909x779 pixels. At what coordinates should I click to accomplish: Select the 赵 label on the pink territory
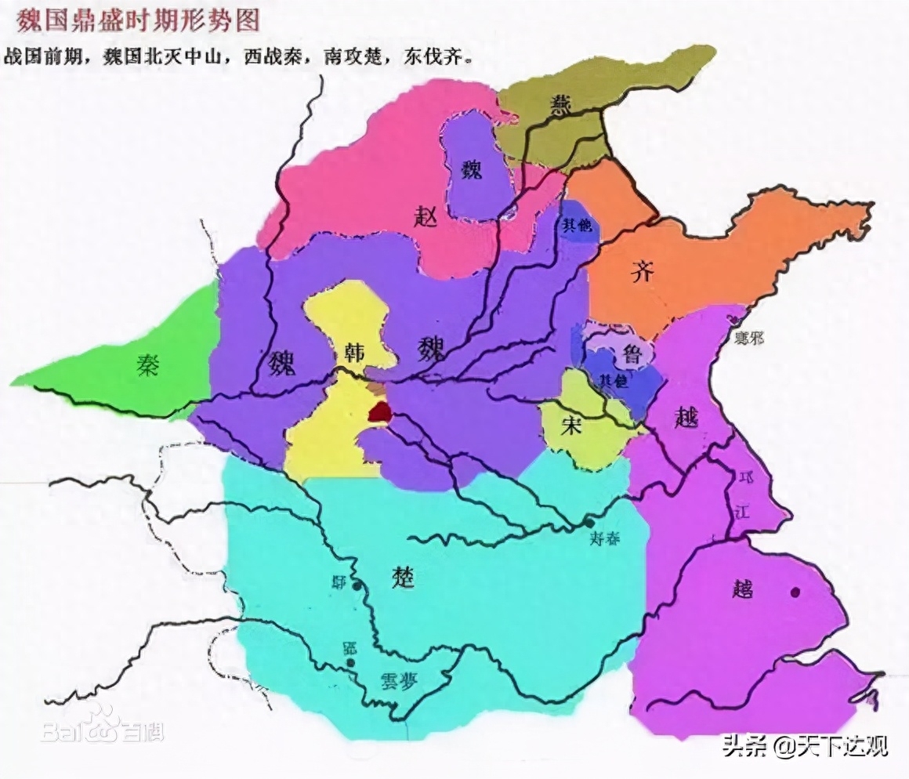[x=426, y=215]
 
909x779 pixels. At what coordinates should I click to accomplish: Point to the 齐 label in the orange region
[x=643, y=272]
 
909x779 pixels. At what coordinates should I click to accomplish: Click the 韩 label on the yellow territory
[x=348, y=354]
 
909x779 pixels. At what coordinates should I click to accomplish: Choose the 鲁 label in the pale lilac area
[x=632, y=354]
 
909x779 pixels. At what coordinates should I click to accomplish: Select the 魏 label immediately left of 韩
[x=284, y=362]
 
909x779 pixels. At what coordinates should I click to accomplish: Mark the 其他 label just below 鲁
[x=614, y=379]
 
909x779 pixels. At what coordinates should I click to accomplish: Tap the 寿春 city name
[x=605, y=539]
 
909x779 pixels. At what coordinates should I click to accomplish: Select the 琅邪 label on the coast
[x=749, y=339]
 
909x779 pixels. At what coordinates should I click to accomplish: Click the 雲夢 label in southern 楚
[x=397, y=680]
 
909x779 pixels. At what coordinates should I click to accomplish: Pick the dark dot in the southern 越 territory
[x=796, y=592]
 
